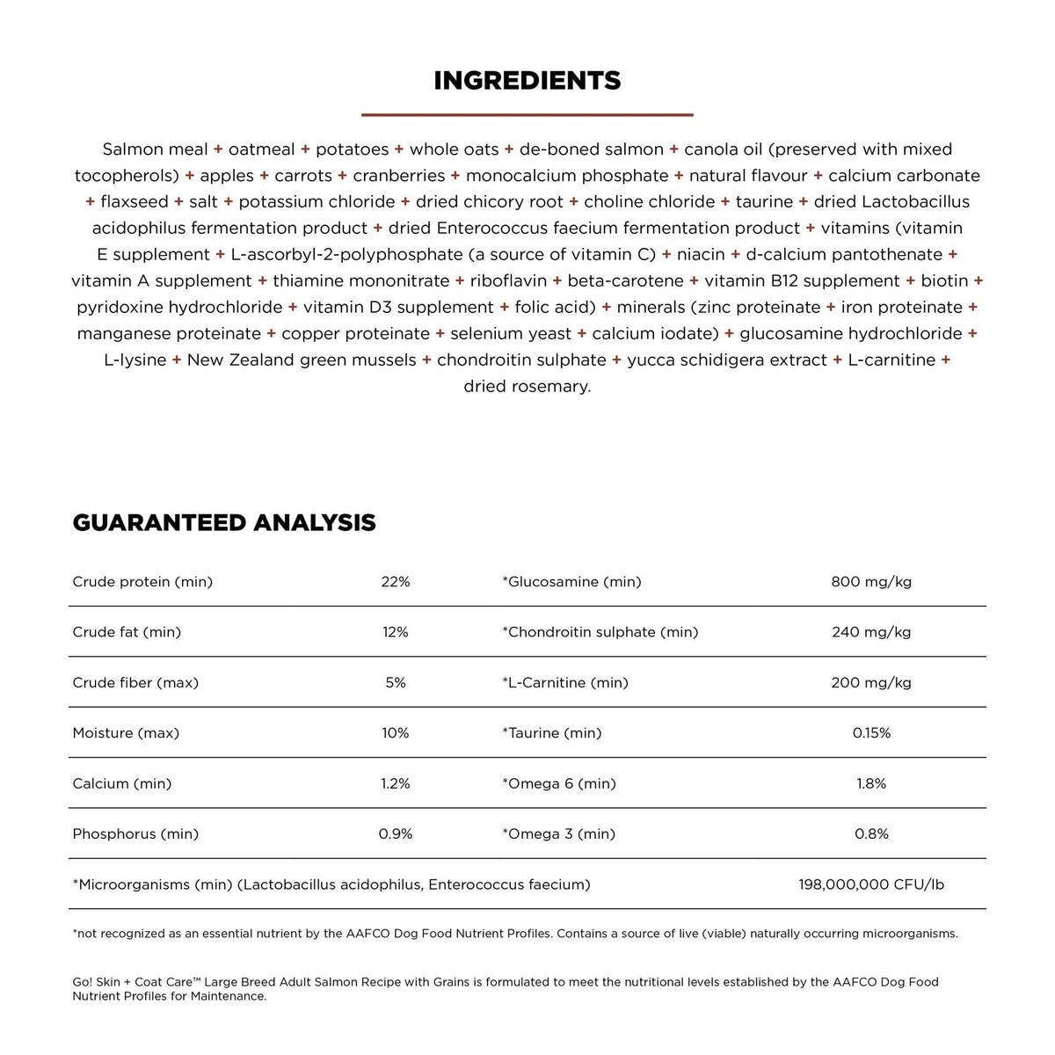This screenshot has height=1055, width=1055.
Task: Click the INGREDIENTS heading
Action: (x=527, y=81)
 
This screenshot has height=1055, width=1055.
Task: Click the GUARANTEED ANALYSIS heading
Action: (x=224, y=523)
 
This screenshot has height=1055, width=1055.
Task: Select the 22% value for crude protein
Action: (x=396, y=582)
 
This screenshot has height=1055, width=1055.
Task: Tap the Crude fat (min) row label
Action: (x=127, y=632)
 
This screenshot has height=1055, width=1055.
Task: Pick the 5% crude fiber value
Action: (x=396, y=683)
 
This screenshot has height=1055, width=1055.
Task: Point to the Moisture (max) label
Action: (x=126, y=733)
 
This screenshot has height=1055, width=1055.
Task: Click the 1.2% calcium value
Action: (x=396, y=783)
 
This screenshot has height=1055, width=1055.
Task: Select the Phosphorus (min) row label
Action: (x=135, y=834)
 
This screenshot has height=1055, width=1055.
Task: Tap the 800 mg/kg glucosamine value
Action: (x=871, y=582)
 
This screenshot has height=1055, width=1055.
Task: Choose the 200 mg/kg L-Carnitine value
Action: (x=871, y=683)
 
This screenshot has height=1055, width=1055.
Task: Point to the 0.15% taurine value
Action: (x=871, y=733)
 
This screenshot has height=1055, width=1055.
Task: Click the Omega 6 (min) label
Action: (x=559, y=783)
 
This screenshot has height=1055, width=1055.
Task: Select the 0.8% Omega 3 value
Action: (x=871, y=834)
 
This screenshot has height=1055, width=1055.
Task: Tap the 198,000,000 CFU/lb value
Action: (x=871, y=884)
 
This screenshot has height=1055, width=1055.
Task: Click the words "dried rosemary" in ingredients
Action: (x=527, y=387)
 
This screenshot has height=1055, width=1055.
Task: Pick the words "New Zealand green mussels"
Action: (x=302, y=360)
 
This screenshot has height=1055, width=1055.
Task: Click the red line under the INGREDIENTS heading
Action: (x=527, y=114)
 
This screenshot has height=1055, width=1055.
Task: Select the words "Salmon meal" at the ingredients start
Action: (x=156, y=149)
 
